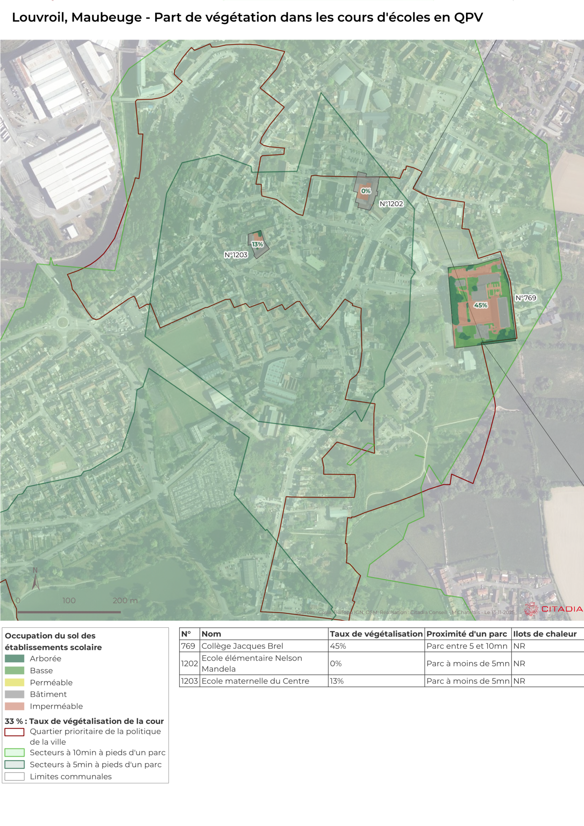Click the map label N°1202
391,204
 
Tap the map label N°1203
236,255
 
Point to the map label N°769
525,297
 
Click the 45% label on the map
480,305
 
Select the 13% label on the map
257,244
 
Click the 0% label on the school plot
366,191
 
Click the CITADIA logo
553,609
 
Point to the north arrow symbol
35,581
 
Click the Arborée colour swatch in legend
14,658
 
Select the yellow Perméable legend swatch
14,682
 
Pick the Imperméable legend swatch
14,706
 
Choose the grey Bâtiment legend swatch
14,694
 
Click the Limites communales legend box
14,776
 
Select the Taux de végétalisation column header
376,634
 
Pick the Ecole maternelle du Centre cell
255,681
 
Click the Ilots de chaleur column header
544,634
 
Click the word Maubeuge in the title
106,17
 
